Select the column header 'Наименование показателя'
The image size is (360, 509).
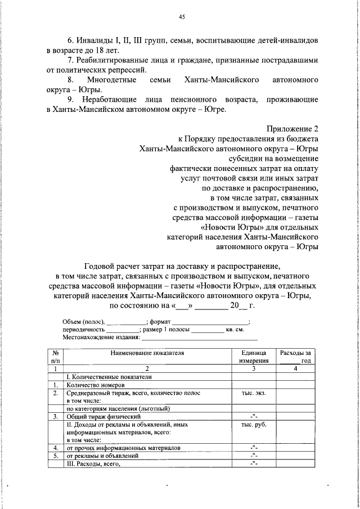click(147, 353)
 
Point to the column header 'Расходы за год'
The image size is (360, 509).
click(295, 357)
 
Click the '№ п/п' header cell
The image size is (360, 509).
click(55, 357)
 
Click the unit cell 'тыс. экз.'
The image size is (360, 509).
click(254, 394)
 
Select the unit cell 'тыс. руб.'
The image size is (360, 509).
click(254, 425)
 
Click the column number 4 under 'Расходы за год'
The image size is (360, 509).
click(295, 368)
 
